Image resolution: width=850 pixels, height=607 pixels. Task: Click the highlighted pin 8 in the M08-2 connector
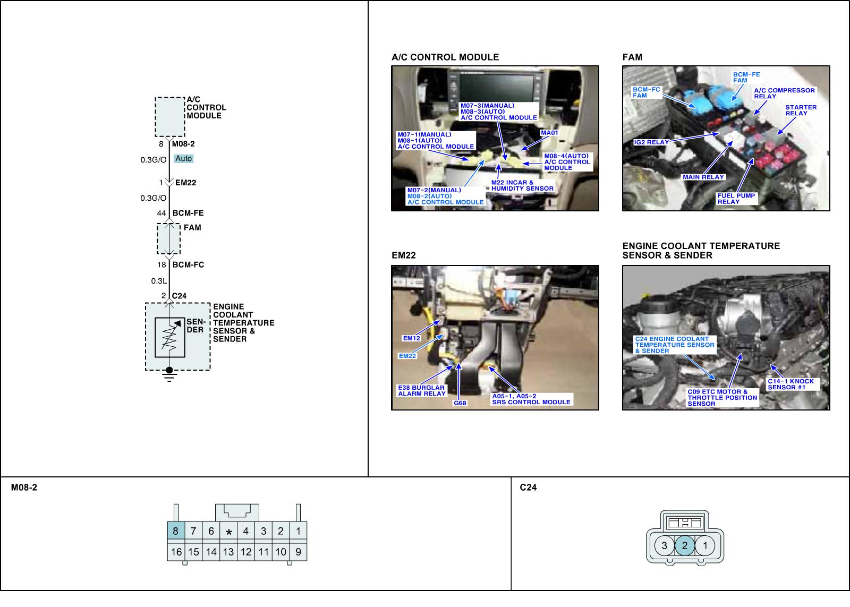(x=175, y=531)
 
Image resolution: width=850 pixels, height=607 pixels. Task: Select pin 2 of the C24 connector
(x=685, y=545)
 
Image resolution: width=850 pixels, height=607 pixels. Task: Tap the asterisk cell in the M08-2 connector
(x=228, y=532)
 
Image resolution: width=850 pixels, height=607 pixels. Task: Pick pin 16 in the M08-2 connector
(x=176, y=552)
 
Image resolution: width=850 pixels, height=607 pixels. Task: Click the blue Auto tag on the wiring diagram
(x=183, y=159)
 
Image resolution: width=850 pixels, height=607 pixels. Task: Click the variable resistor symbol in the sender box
(x=169, y=338)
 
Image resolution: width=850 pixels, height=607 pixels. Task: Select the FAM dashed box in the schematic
(x=168, y=239)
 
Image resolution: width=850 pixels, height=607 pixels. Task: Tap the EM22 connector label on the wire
(x=185, y=183)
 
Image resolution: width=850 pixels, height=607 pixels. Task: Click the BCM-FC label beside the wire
(x=188, y=264)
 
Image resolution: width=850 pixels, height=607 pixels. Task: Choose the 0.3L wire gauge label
(x=159, y=281)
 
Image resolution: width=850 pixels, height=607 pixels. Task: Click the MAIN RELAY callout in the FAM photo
(x=703, y=177)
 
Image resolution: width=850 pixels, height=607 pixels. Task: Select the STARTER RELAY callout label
(x=801, y=110)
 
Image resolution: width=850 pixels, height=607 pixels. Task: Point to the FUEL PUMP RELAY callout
(x=736, y=199)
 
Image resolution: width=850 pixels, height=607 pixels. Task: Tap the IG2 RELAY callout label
(x=651, y=142)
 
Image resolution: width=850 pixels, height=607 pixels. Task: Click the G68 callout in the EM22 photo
(x=460, y=403)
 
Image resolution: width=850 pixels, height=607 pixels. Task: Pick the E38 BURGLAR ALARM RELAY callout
(x=421, y=391)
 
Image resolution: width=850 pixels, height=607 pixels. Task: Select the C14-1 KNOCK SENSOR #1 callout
(x=790, y=384)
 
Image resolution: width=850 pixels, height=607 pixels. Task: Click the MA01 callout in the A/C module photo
(x=549, y=133)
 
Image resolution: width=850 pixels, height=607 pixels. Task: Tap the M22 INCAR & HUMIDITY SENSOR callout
(x=522, y=185)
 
